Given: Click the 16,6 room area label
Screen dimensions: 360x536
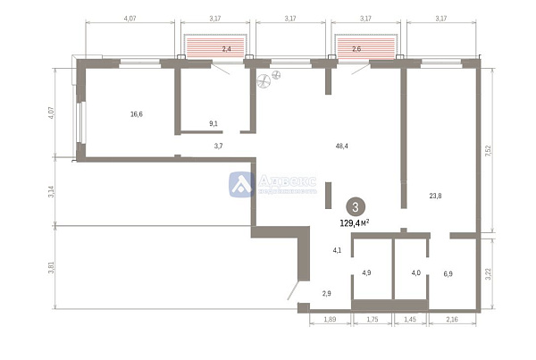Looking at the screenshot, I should [137, 114].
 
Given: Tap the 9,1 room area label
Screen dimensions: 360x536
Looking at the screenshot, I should [213, 123].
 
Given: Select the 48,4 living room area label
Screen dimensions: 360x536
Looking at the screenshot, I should [341, 145].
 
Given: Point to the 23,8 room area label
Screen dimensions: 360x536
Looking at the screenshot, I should [436, 196].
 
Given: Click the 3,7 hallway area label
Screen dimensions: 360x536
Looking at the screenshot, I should [218, 145].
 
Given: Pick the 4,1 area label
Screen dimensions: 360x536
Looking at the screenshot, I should [336, 251].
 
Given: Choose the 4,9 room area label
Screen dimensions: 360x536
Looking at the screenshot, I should [366, 273].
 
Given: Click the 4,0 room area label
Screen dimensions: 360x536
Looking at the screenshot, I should [415, 273].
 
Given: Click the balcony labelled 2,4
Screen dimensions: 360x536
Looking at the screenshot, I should [213, 50].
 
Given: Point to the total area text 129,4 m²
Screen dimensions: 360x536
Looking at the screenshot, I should [356, 223].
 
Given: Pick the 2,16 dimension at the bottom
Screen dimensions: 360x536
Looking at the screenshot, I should [450, 319].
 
